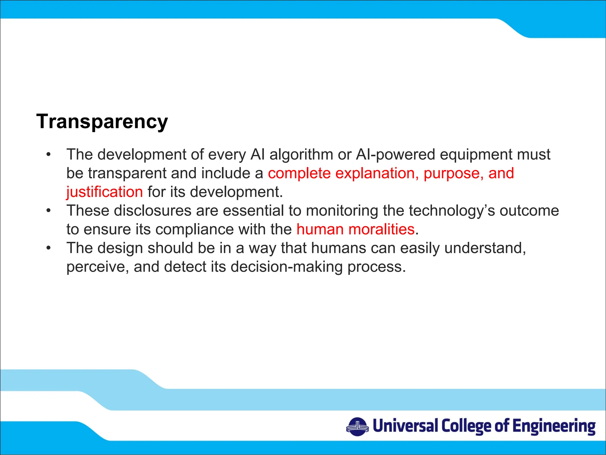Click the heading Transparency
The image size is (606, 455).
click(x=102, y=121)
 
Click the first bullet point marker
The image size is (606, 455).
click(x=49, y=155)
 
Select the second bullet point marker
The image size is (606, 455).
click(x=49, y=211)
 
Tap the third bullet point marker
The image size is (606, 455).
click(x=49, y=248)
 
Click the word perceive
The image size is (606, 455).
click(x=98, y=267)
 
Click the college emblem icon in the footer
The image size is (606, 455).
click(x=357, y=427)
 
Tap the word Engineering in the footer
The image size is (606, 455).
click(x=554, y=427)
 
